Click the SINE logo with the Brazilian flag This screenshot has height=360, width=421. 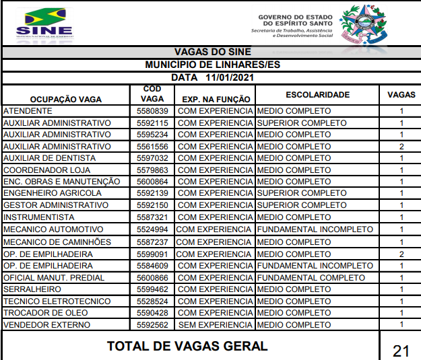pyautogui.click(x=44, y=22)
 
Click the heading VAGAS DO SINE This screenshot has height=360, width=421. pyautogui.click(x=212, y=52)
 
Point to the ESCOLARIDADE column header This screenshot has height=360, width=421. pyautogui.click(x=317, y=95)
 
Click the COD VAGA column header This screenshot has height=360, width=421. pyautogui.click(x=152, y=94)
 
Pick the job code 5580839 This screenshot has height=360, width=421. pyautogui.click(x=152, y=111)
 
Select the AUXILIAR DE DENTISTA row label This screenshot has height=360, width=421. pyautogui.click(x=50, y=158)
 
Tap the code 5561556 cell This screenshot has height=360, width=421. pyautogui.click(x=152, y=147)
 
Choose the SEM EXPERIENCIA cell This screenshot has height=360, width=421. pyautogui.click(x=215, y=325)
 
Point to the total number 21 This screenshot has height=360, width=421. pyautogui.click(x=401, y=350)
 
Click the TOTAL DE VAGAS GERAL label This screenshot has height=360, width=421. pyautogui.click(x=188, y=347)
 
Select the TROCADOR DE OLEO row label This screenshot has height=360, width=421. pyautogui.click(x=46, y=313)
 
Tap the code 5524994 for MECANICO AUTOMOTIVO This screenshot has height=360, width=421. pyautogui.click(x=152, y=229)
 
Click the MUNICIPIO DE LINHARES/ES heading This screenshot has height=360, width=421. pyautogui.click(x=212, y=65)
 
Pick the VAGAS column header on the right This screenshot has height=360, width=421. pyautogui.click(x=401, y=95)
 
